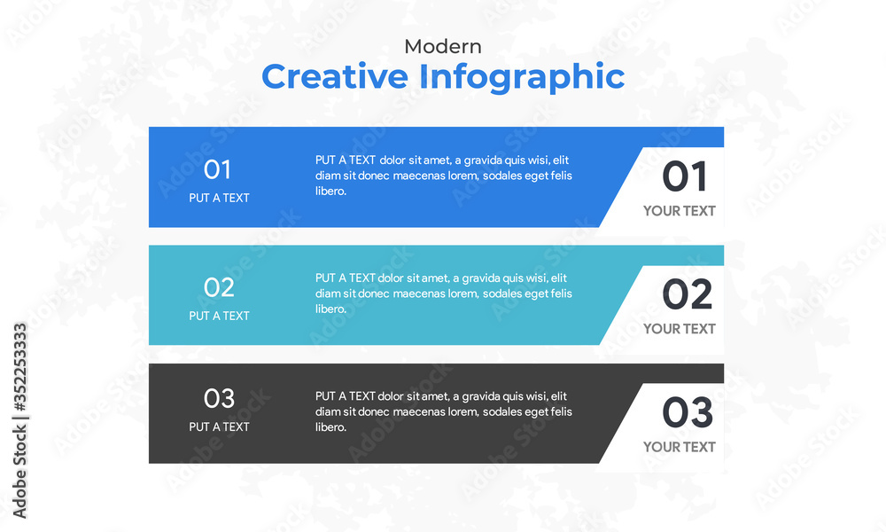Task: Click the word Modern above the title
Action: pos(443,46)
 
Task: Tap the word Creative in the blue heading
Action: pos(335,76)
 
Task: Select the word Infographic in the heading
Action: pos(522,78)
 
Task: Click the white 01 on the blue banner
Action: pos(218,169)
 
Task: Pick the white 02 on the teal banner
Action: pos(219,288)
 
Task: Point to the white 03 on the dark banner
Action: pos(219,399)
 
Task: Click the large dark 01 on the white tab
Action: pos(684,176)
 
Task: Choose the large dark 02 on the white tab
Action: pos(688,294)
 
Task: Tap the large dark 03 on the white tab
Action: pos(688,412)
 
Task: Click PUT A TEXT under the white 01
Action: pos(219,198)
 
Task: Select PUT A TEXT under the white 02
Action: pos(219,316)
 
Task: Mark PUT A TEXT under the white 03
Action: pos(219,426)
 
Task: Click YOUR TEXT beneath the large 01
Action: pos(680,211)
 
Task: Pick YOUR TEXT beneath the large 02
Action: pos(680,329)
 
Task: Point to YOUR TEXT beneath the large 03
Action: pos(680,447)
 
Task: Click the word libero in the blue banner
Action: pos(330,192)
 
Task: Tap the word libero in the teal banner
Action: pos(330,309)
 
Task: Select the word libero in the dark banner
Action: pos(330,427)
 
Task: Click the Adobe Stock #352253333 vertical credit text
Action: pos(19,420)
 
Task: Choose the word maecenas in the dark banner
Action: pos(416,412)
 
